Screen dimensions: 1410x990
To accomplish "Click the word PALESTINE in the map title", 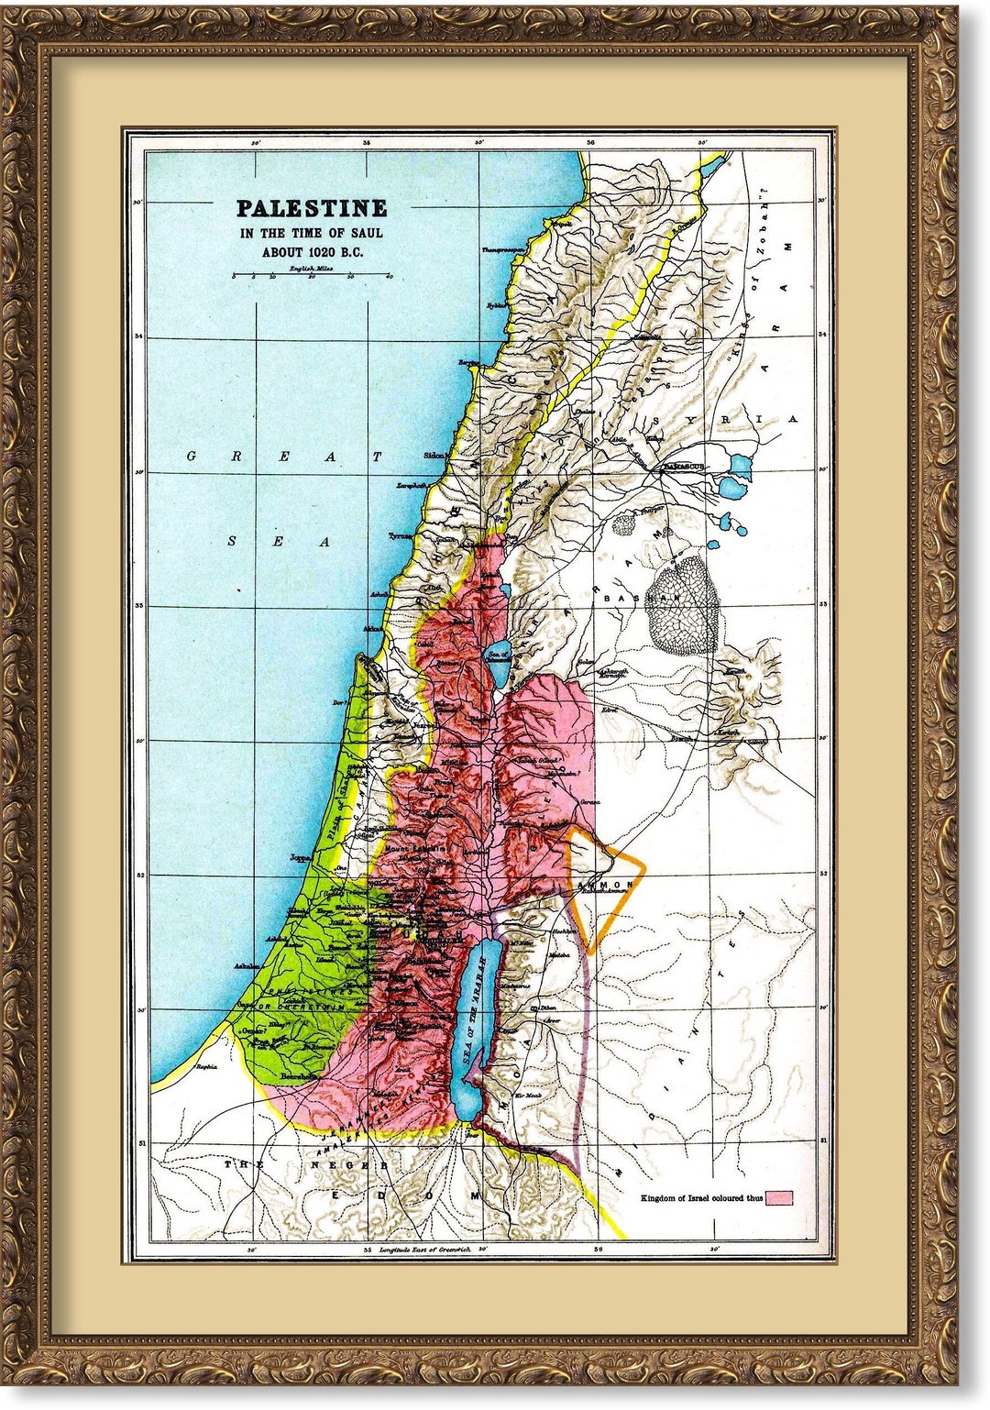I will [312, 209].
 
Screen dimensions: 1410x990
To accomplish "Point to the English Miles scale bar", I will [312, 275].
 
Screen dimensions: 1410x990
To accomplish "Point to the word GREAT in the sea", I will [283, 456].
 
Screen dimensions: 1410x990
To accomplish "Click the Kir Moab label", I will [529, 1096].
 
